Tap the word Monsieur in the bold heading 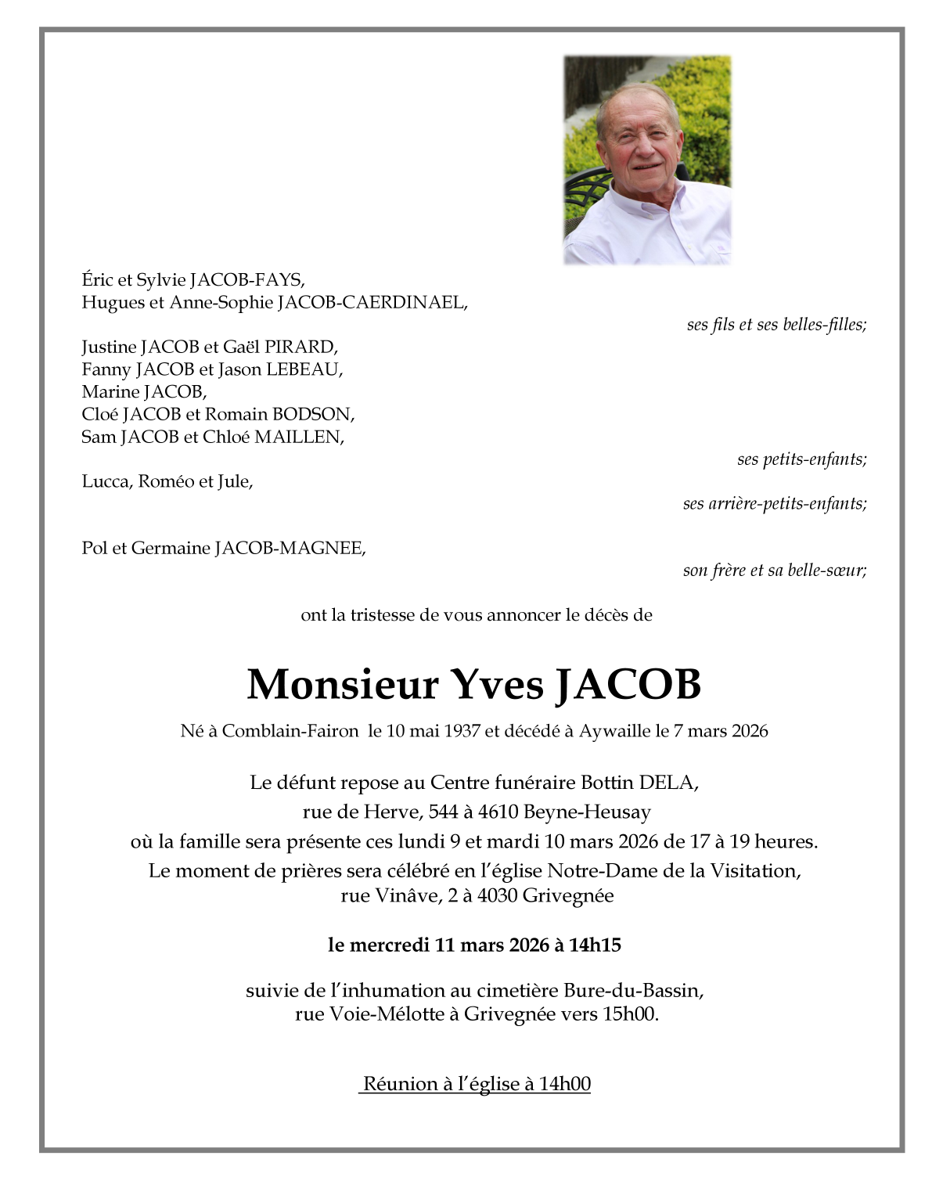tap(342, 684)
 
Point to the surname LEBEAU tap(304, 369)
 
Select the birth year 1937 tap(461, 731)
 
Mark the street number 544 tap(443, 812)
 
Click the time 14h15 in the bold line tap(595, 945)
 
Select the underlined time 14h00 tap(565, 1084)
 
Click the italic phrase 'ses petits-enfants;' tap(801, 459)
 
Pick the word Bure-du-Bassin tap(632, 991)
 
